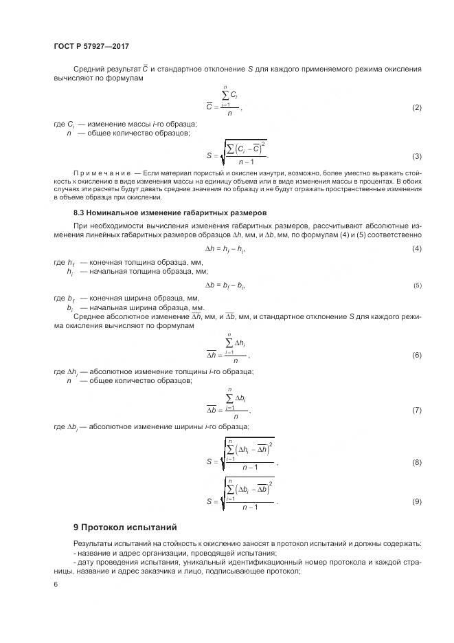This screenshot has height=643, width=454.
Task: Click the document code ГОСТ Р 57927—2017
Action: [x=91, y=46]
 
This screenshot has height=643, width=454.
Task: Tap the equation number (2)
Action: [x=416, y=108]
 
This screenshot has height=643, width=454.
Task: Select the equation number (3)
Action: [x=416, y=156]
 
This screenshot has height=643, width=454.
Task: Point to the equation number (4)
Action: [x=416, y=248]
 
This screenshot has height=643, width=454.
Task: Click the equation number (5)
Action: [x=417, y=285]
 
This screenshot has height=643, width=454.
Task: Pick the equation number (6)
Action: [x=416, y=355]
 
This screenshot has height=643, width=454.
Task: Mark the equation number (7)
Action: [x=416, y=410]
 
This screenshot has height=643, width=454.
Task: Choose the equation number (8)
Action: [x=416, y=462]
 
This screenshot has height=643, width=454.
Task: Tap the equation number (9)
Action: [x=416, y=501]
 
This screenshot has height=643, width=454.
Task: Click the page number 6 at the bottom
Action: [x=55, y=584]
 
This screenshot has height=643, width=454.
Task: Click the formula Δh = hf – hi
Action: [x=226, y=248]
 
